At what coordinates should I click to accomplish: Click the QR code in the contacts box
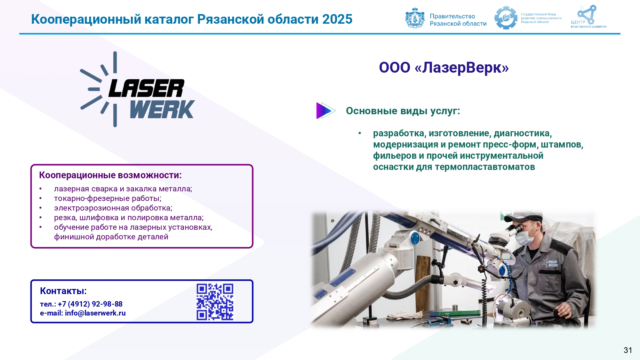click(215, 302)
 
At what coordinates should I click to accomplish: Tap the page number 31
click(628, 350)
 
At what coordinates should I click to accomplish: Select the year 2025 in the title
click(337, 19)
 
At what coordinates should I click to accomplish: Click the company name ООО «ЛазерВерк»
click(444, 68)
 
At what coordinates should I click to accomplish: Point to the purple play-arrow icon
click(325, 111)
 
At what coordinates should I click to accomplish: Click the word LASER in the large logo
click(147, 88)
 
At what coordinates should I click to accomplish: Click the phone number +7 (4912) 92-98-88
click(90, 304)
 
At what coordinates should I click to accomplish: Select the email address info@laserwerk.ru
click(95, 313)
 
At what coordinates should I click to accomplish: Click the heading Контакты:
click(63, 291)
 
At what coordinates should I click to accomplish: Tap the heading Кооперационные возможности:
click(110, 175)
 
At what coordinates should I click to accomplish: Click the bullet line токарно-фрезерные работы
click(108, 198)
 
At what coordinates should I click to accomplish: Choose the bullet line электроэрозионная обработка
click(113, 208)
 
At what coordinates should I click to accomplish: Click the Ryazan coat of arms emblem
click(415, 18)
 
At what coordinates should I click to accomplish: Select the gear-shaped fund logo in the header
click(506, 18)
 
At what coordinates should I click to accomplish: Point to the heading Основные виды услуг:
click(403, 111)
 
